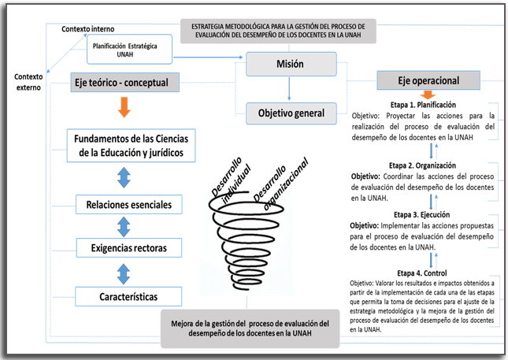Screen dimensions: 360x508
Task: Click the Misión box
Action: tap(291, 64)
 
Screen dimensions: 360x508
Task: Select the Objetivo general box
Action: tap(291, 113)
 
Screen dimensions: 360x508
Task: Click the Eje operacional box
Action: tap(429, 81)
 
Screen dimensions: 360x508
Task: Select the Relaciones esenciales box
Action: tap(129, 205)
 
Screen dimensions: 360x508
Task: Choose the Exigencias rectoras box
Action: tap(128, 250)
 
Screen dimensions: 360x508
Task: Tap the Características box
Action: tap(128, 296)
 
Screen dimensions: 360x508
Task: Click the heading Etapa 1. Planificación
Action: tap(423, 104)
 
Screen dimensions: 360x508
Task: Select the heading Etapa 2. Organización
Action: tap(422, 165)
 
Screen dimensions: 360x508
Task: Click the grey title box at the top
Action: tap(278, 31)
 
